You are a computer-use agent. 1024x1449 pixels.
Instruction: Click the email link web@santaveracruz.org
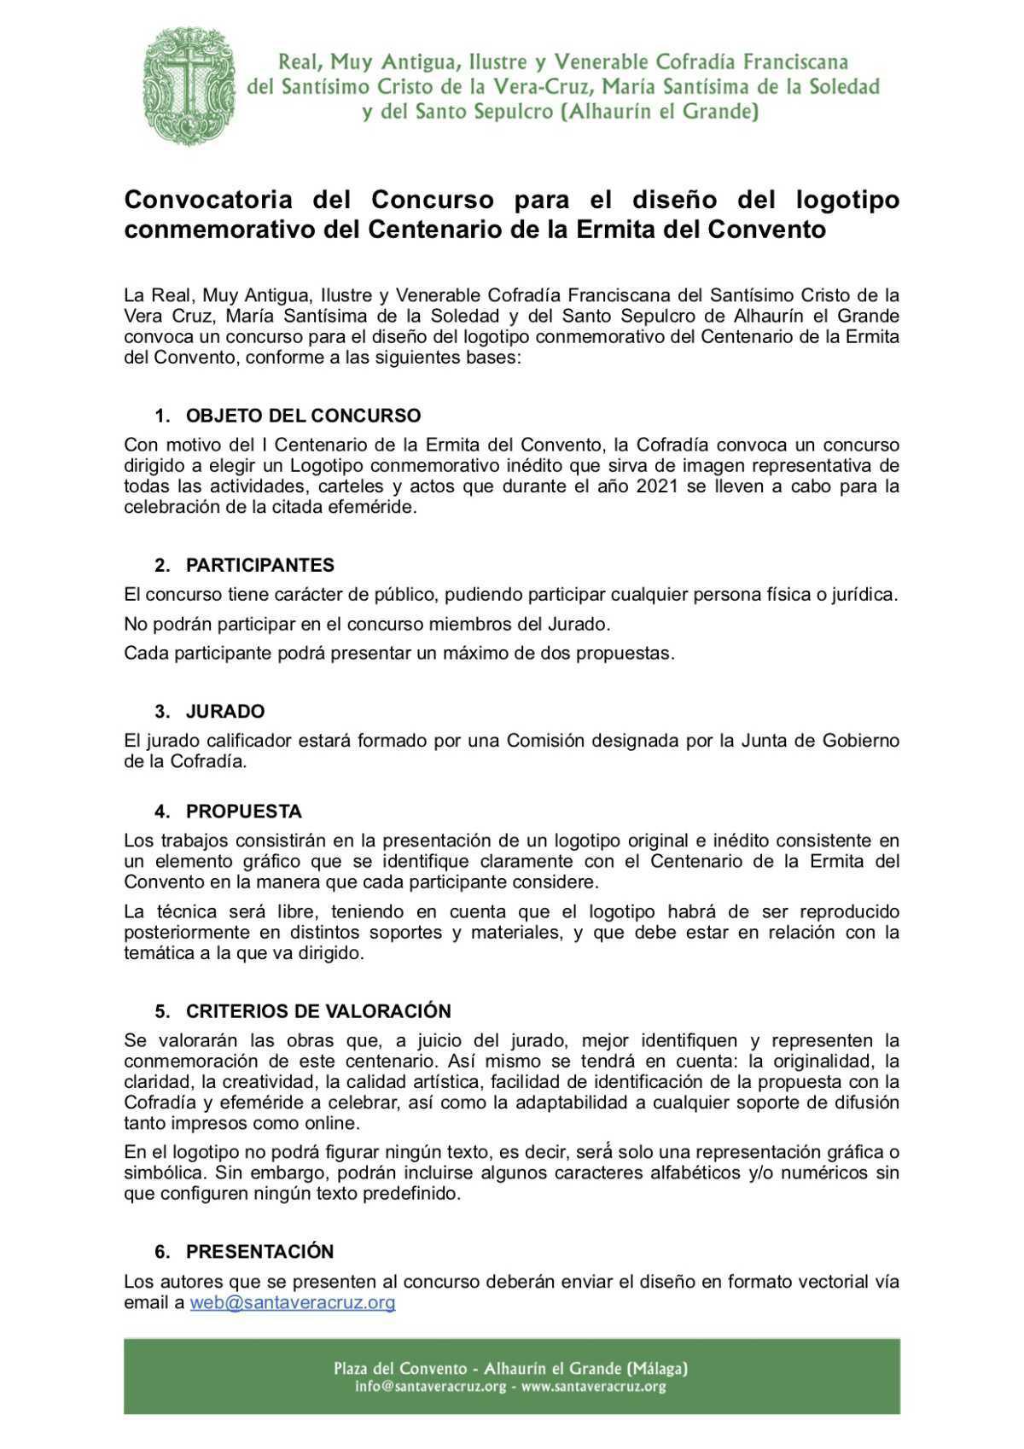point(293,1302)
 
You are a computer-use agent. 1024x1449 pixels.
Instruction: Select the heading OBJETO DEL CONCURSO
point(303,416)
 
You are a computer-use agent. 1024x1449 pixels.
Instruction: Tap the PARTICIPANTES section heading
point(260,565)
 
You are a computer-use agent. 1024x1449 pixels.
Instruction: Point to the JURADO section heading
point(225,711)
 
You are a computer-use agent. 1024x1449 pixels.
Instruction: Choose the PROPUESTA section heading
point(244,811)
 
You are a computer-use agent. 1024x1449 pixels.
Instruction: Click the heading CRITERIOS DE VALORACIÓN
point(318,1010)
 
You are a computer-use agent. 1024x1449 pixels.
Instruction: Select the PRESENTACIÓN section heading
point(260,1251)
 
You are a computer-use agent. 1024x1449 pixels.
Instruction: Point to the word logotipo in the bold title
point(847,200)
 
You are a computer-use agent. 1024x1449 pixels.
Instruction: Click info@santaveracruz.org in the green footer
point(431,1387)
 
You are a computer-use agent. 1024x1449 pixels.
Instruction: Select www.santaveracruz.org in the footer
point(593,1387)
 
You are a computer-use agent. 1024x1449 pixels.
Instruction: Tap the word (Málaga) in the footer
point(657,1368)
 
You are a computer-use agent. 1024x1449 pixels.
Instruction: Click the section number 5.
point(161,1010)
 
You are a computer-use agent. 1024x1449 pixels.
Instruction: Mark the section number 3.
point(161,711)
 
